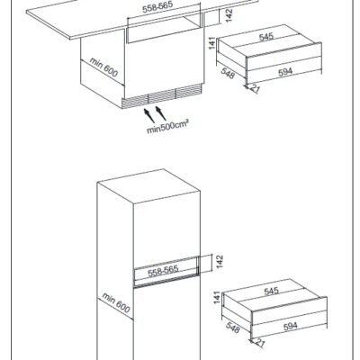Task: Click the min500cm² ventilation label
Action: pos(167,127)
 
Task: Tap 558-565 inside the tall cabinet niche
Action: pos(163,271)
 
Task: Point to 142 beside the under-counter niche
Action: pos(229,15)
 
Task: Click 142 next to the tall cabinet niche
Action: pos(220,262)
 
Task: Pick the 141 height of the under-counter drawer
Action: pos(212,43)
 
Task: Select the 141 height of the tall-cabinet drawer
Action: pos(217,297)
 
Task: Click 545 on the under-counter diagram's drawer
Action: pos(266,37)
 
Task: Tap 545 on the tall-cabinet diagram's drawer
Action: pos(271,291)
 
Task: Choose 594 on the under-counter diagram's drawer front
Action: pos(285,72)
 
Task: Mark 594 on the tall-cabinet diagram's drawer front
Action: pos(290,326)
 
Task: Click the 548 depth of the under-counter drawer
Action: pos(228,73)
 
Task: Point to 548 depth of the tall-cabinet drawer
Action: pos(232,328)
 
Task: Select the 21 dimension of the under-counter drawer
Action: pos(255,89)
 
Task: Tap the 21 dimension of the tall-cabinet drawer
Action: pos(260,343)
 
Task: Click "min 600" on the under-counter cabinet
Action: pos(103,67)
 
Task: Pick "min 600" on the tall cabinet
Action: pos(116,302)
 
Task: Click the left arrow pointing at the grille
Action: pos(149,116)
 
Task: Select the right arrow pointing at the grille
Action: pos(161,112)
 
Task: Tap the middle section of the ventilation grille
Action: pos(162,96)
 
